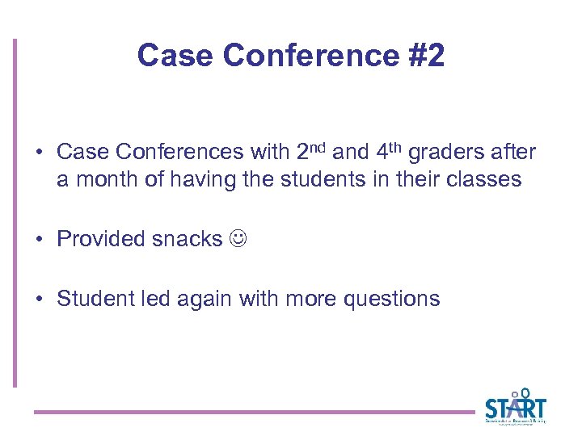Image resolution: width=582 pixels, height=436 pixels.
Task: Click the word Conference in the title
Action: pyautogui.click(x=310, y=55)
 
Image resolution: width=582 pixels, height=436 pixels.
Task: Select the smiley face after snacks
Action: pyautogui.click(x=238, y=239)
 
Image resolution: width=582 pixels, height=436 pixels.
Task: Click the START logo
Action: pyautogui.click(x=515, y=406)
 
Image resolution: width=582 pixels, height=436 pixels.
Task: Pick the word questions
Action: pyautogui.click(x=391, y=299)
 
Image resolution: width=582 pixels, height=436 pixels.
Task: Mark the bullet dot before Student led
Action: pyautogui.click(x=38, y=300)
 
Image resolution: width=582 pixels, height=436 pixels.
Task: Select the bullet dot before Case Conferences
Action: pyautogui.click(x=38, y=153)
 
